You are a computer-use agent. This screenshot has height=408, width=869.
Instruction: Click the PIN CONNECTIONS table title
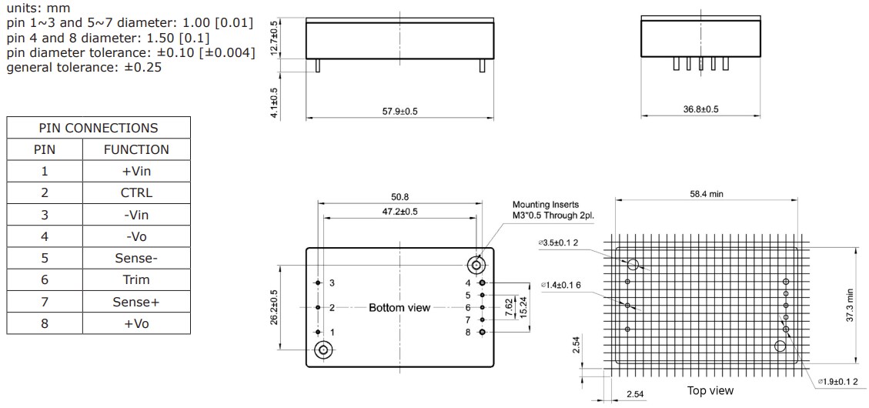[98, 128]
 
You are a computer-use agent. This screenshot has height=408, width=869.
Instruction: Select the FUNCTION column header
[136, 149]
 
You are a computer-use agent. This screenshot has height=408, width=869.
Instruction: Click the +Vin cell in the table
[136, 171]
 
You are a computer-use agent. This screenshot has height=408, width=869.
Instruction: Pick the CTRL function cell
[136, 192]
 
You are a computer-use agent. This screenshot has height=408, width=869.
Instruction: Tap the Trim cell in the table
[136, 279]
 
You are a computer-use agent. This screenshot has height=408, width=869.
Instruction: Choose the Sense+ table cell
[136, 302]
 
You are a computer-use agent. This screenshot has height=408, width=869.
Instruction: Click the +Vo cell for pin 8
[136, 323]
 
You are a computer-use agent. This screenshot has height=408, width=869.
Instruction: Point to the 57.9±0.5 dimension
[399, 112]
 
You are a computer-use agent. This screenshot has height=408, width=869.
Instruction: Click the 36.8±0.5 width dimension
[700, 109]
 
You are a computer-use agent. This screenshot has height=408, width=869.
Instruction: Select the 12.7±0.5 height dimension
[274, 38]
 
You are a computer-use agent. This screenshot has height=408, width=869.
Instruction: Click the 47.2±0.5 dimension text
[399, 212]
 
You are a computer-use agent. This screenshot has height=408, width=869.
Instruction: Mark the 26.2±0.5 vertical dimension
[275, 307]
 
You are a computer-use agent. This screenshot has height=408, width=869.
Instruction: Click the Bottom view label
[399, 308]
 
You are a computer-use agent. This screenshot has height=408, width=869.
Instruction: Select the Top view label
[710, 391]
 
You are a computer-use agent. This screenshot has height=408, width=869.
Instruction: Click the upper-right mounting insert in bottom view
[477, 266]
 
